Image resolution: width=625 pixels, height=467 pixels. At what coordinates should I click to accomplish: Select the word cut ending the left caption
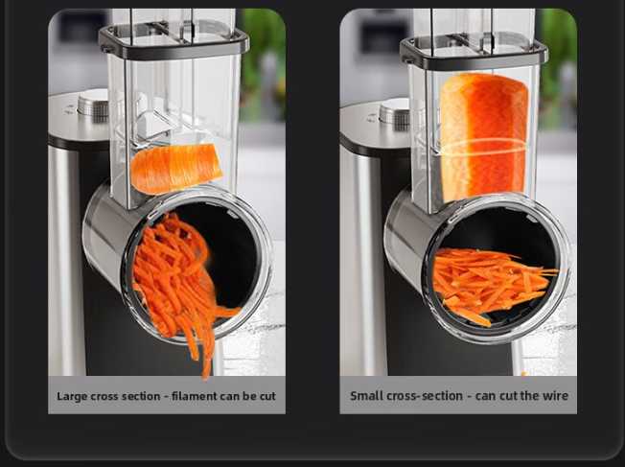tap(267, 396)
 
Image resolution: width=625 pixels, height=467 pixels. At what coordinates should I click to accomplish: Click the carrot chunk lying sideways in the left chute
tap(176, 169)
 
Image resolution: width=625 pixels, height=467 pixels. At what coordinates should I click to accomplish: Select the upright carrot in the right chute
tap(484, 137)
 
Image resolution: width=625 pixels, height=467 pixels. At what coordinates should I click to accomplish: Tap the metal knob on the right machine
tap(395, 110)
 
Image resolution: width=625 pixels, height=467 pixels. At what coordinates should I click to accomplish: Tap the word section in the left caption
tap(141, 396)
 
